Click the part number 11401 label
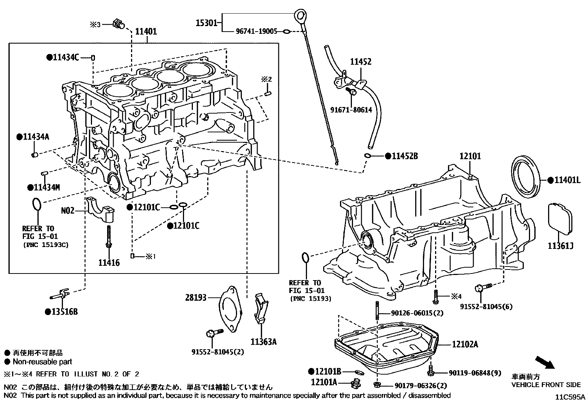[x=146, y=32]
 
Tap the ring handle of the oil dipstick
[x=301, y=16]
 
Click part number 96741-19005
[x=256, y=32]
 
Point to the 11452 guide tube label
[x=360, y=62]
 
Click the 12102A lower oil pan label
[x=465, y=344]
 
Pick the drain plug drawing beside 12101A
[x=356, y=383]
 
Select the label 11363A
[x=264, y=342]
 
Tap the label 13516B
[x=64, y=312]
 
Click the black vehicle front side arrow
[x=544, y=362]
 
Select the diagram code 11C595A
[x=570, y=397]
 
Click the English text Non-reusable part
[x=42, y=362]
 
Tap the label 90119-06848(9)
[x=475, y=373]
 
